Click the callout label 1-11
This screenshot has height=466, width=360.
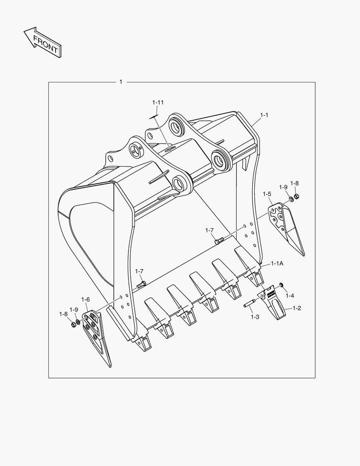pos(158,103)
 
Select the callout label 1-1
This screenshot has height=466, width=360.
pos(264,115)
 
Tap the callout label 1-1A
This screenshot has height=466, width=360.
pos(277,263)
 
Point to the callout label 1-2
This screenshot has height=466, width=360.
pos(297,308)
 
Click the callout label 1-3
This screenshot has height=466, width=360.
pos(255,317)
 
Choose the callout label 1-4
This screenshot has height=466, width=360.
pos(290,296)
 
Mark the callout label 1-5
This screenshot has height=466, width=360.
pos(267,194)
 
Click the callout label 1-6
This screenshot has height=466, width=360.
pos(85,299)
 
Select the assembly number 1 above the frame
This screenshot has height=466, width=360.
pos(121,82)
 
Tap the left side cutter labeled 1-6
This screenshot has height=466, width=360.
pos(98,337)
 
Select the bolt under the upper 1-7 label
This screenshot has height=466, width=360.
pos(219,241)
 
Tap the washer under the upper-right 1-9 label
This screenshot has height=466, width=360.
pos(291,199)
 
